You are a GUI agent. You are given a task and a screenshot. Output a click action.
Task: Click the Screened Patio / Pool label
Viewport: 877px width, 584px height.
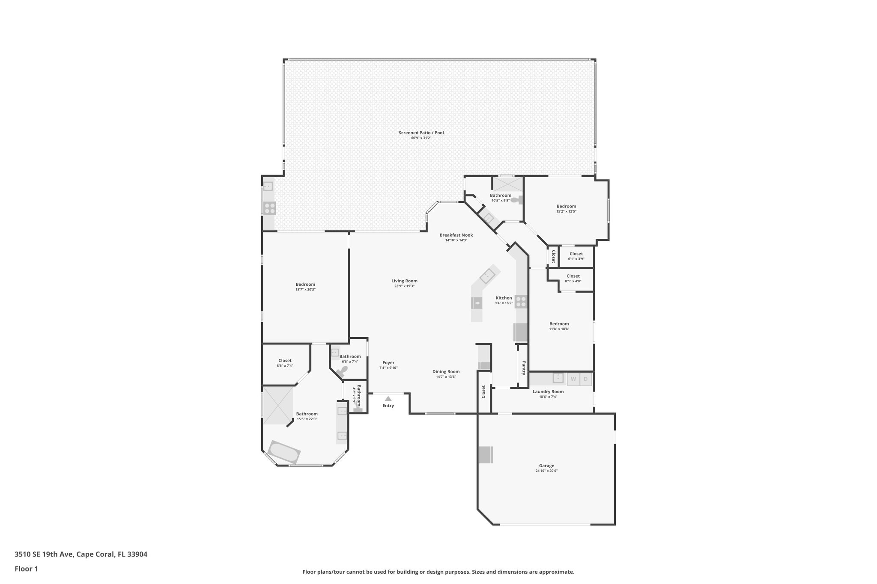pyautogui.click(x=421, y=133)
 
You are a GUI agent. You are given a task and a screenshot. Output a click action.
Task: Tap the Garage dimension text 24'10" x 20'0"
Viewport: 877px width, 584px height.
pyautogui.click(x=546, y=471)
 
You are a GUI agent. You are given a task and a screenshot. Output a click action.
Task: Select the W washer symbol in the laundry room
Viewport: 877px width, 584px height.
pyautogui.click(x=573, y=379)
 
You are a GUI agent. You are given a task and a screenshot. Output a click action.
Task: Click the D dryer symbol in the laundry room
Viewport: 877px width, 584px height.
pyautogui.click(x=586, y=379)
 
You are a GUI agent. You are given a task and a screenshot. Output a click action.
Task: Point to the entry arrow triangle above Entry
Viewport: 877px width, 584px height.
pyautogui.click(x=388, y=398)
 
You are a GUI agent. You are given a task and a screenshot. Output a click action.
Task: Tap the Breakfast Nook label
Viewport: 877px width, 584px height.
pyautogui.click(x=456, y=235)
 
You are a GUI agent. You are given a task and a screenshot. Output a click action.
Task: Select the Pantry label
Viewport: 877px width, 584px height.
pyautogui.click(x=523, y=368)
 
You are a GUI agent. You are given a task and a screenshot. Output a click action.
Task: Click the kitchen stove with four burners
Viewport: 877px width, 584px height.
pyautogui.click(x=521, y=302)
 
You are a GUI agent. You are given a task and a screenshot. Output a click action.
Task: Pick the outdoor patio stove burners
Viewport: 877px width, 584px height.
pyautogui.click(x=270, y=208)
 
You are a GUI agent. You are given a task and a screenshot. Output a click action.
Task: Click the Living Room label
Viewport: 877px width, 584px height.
pyautogui.click(x=404, y=281)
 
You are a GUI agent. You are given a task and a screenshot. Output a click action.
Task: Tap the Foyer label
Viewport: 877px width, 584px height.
pyautogui.click(x=388, y=363)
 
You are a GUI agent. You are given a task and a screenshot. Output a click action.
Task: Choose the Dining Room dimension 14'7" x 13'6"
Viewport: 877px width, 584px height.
pyautogui.click(x=446, y=376)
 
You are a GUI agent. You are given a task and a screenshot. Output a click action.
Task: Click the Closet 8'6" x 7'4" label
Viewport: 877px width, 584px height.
pyautogui.click(x=285, y=361)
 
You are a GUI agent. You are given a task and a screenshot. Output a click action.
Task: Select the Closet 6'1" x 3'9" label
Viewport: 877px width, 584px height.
pyautogui.click(x=576, y=254)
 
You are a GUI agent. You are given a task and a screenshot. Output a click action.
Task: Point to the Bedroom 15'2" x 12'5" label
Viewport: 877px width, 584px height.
pyautogui.click(x=566, y=206)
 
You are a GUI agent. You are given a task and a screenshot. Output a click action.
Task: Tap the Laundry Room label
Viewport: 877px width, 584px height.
pyautogui.click(x=548, y=391)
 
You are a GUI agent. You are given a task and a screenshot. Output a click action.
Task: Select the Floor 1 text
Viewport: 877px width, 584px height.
pyautogui.click(x=26, y=569)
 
